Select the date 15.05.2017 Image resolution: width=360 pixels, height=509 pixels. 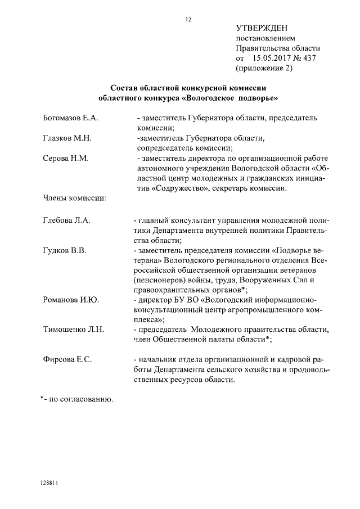coord(272,58)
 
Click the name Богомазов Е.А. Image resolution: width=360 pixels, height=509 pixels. coord(71,119)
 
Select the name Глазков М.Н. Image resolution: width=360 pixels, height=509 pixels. coord(67,138)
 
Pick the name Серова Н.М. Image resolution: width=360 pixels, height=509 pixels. coord(66,159)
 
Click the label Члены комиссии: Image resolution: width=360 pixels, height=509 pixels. coord(75,197)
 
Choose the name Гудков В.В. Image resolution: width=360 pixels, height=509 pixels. coord(65,250)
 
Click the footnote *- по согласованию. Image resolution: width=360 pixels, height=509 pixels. coord(76,399)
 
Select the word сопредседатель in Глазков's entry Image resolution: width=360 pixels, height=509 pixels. coord(167,148)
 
